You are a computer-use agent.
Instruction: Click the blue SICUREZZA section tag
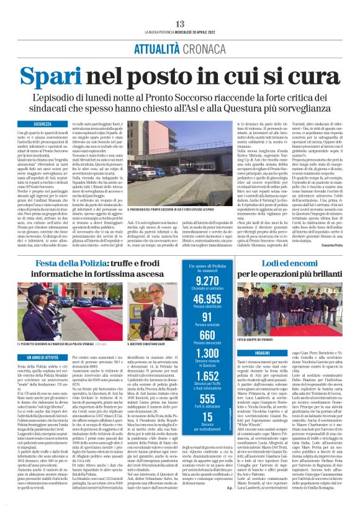(x=43, y=124)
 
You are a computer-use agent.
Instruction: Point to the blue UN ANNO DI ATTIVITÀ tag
(x=45, y=358)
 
